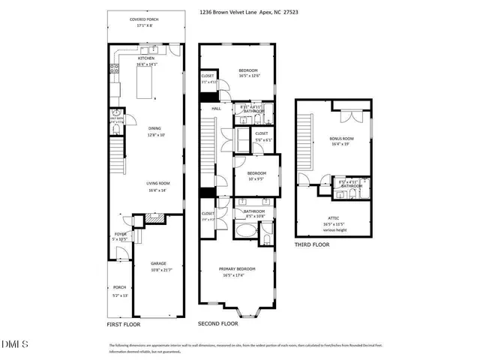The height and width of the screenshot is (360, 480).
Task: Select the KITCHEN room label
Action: (x=145, y=58)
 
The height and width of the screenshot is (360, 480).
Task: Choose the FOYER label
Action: (x=118, y=233)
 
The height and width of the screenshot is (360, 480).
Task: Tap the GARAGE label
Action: (x=157, y=263)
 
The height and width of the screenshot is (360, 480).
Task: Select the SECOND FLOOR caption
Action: (x=217, y=324)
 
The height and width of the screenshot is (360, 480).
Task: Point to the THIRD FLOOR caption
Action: (x=312, y=244)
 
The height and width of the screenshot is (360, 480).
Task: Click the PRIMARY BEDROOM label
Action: (x=237, y=269)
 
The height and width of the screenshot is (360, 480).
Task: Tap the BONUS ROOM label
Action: (x=341, y=139)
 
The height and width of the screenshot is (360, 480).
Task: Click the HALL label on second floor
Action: (x=216, y=109)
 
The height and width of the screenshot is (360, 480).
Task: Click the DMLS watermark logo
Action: (x=14, y=344)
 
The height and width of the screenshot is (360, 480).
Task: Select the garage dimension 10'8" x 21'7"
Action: (x=157, y=269)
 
